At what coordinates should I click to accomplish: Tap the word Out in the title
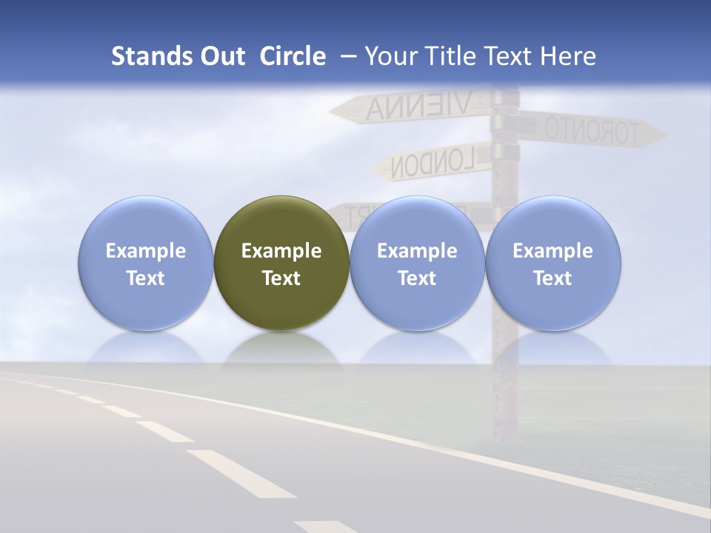coord(220,56)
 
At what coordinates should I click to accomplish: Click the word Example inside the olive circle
coord(281,251)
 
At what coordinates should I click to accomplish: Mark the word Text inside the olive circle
coord(281,278)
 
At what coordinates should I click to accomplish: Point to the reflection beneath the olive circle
coord(281,348)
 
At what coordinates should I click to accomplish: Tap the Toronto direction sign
coord(589,131)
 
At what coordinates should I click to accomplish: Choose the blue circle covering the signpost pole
coord(553,264)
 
